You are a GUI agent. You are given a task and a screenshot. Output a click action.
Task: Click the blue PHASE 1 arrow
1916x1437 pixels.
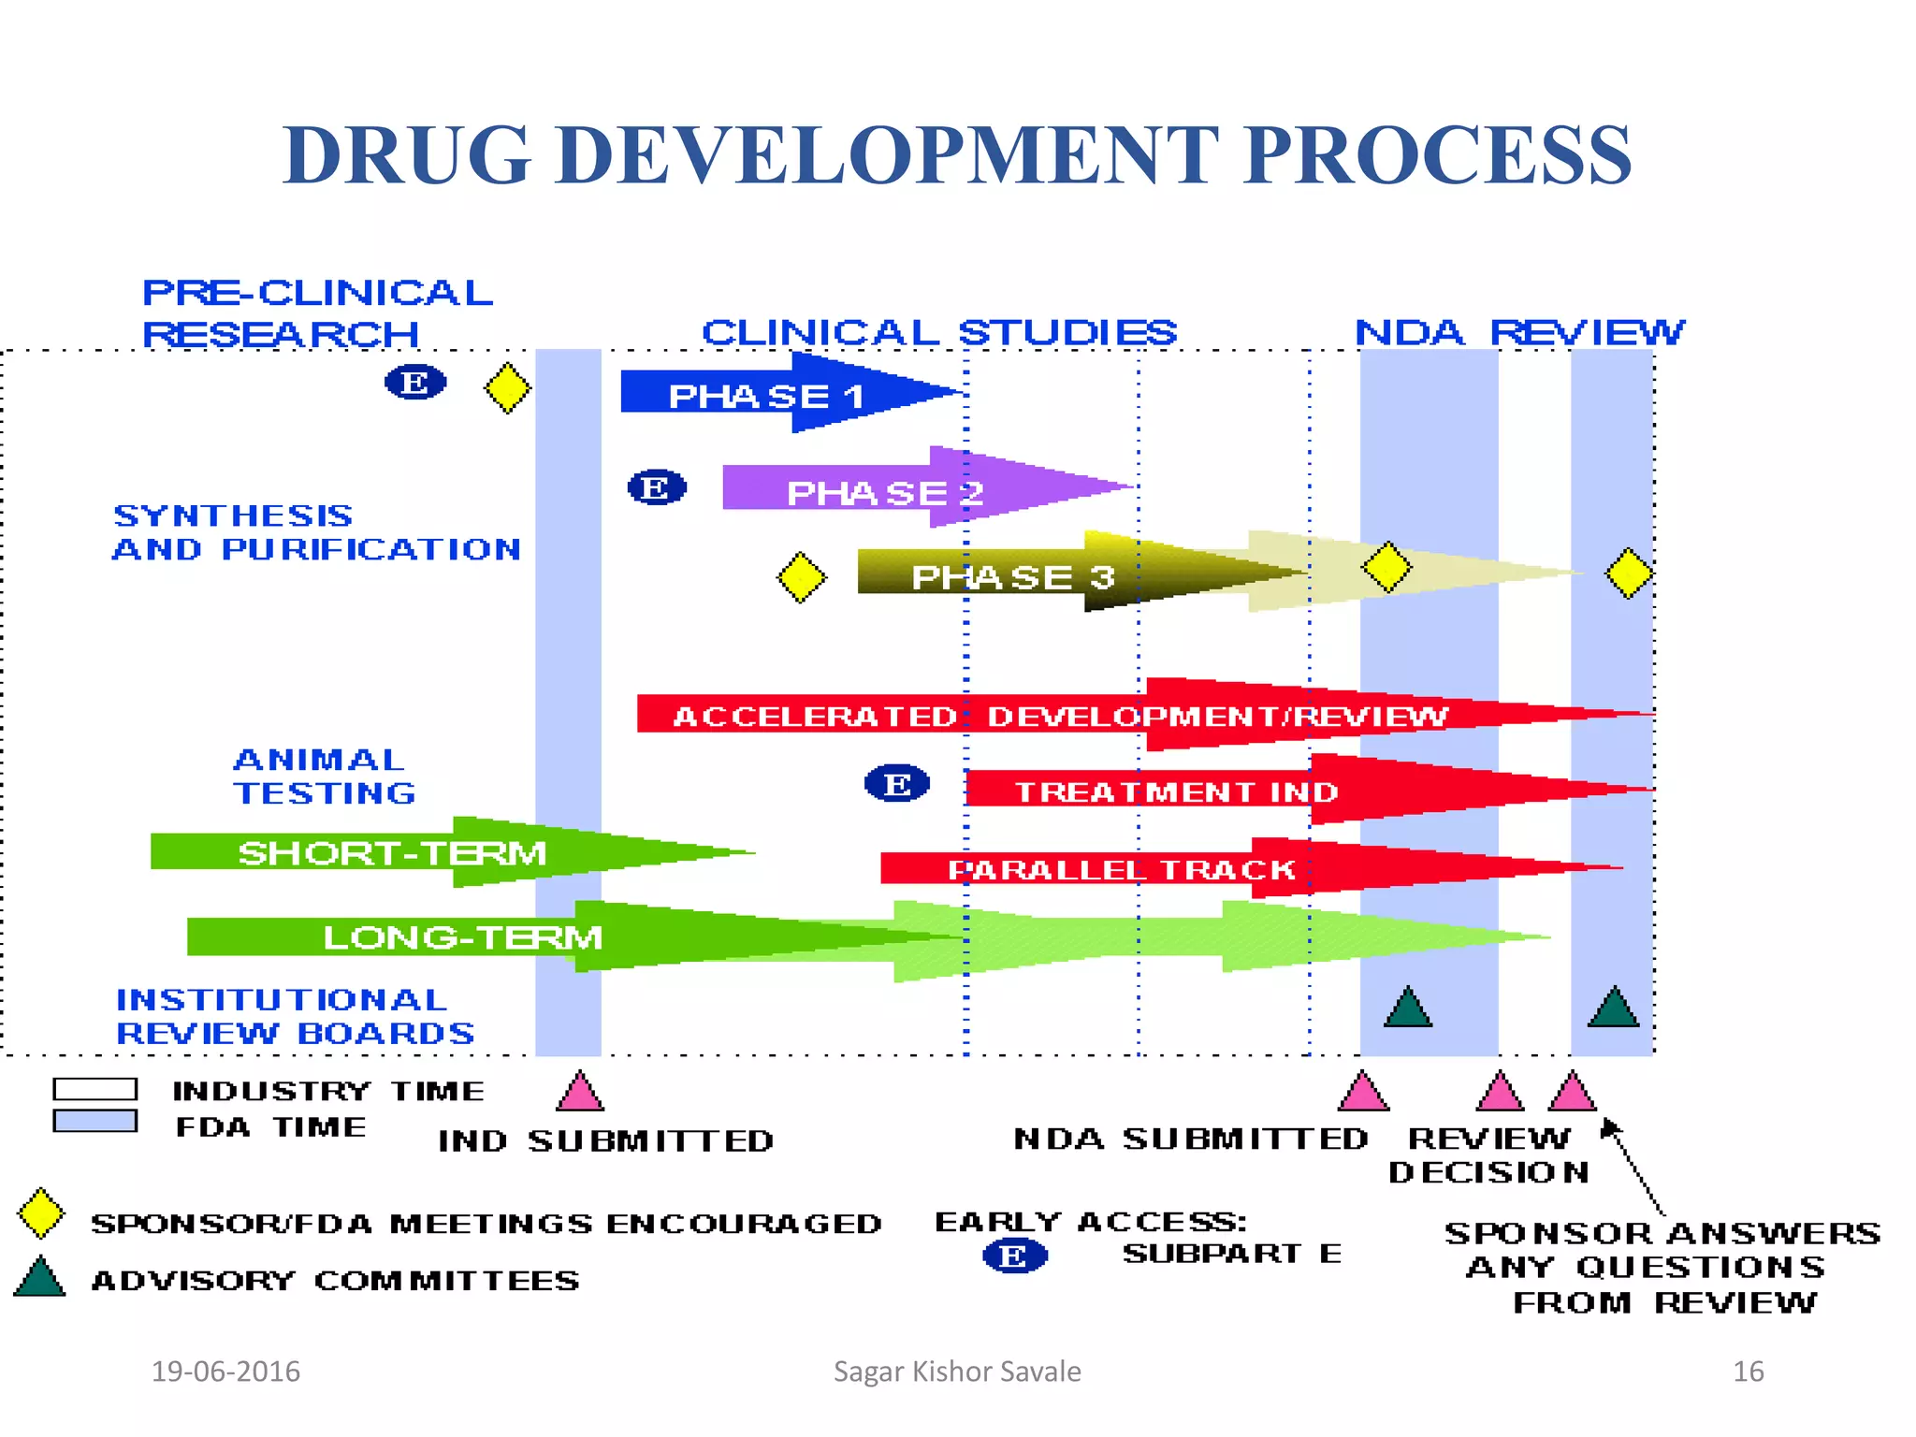pyautogui.click(x=767, y=395)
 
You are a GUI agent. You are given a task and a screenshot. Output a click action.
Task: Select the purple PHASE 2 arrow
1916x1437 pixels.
pyautogui.click(x=884, y=491)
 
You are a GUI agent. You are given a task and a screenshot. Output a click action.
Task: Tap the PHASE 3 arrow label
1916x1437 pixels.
pyautogui.click(x=1012, y=577)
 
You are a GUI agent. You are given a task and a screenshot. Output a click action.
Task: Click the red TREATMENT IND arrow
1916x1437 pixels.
pyautogui.click(x=1177, y=791)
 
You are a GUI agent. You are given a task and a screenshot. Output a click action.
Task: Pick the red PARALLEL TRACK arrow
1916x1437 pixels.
pyautogui.click(x=1121, y=869)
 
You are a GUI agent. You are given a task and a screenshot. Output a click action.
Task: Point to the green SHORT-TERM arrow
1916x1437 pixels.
pyautogui.click(x=393, y=852)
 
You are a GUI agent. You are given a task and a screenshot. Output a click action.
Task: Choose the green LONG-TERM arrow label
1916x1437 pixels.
pyautogui.click(x=462, y=936)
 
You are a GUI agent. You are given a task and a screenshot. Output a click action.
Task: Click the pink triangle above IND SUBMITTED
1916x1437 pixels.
pyautogui.click(x=580, y=1093)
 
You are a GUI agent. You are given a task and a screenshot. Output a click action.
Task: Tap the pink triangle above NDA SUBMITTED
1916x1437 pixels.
pyautogui.click(x=1363, y=1093)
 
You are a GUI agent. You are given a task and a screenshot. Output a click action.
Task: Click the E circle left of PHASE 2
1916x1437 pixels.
pyautogui.click(x=656, y=487)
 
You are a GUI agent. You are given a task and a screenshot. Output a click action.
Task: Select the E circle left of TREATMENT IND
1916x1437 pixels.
pyautogui.click(x=896, y=783)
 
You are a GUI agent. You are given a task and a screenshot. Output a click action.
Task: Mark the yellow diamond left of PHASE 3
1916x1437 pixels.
pyautogui.click(x=801, y=577)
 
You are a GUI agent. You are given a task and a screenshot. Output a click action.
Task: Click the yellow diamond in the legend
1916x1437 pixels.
pyautogui.click(x=41, y=1213)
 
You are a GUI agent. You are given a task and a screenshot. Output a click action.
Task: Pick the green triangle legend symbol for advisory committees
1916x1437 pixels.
pyautogui.click(x=40, y=1278)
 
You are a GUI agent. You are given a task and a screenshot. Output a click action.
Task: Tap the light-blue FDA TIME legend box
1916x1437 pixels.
pyautogui.click(x=95, y=1121)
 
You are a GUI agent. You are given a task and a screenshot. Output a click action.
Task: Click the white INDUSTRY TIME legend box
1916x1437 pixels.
pyautogui.click(x=95, y=1089)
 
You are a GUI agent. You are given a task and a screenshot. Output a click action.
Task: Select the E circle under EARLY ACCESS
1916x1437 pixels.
pyautogui.click(x=1014, y=1256)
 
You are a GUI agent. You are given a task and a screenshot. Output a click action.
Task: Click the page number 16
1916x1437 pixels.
pyautogui.click(x=1748, y=1372)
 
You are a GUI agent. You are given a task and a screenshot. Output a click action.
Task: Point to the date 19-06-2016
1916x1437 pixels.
pyautogui.click(x=225, y=1372)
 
